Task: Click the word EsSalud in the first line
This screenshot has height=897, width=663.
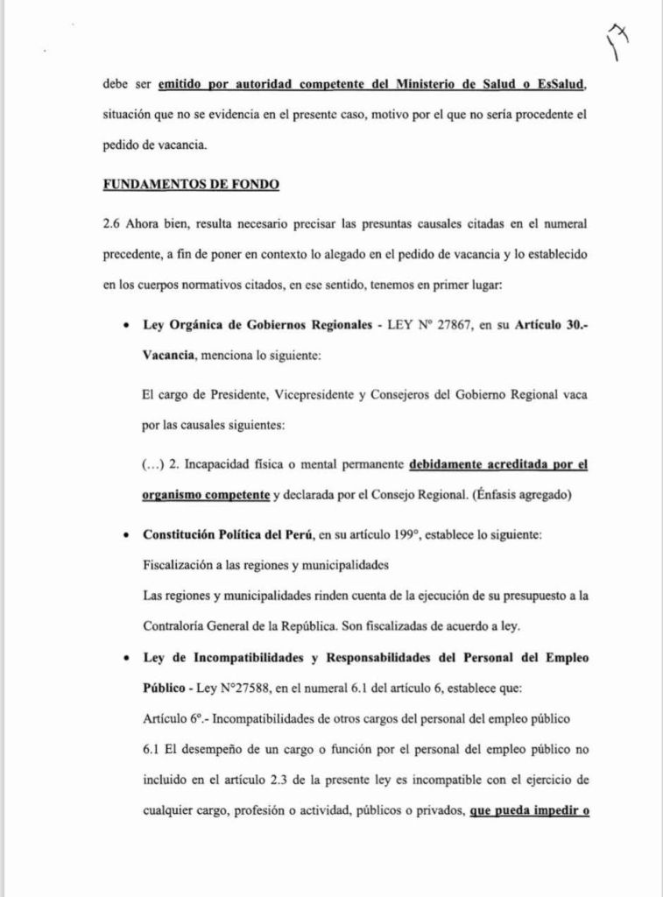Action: click(557, 84)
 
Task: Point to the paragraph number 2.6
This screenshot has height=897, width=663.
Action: click(112, 223)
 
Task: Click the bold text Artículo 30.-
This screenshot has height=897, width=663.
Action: click(549, 325)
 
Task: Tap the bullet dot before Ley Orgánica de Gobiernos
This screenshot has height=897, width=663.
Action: click(128, 326)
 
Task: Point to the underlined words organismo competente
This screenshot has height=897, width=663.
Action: click(205, 495)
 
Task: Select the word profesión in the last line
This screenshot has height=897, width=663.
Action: click(266, 810)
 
